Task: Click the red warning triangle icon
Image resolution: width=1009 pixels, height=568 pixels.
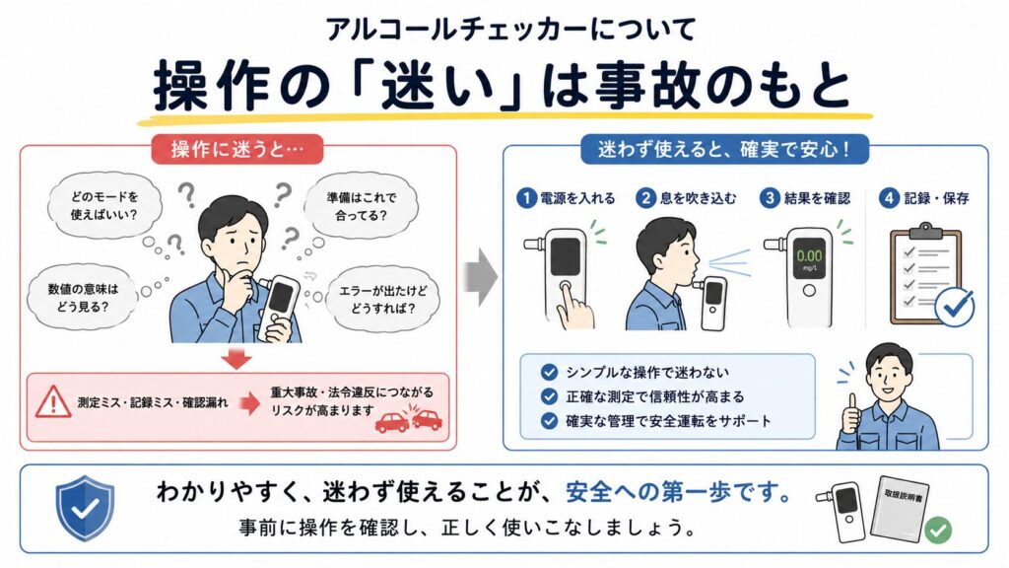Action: (x=53, y=402)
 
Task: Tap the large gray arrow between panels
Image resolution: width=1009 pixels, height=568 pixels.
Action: (x=480, y=277)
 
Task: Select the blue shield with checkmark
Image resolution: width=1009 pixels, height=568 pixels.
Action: (x=85, y=508)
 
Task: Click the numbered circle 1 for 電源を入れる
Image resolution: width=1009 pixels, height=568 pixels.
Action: (x=527, y=198)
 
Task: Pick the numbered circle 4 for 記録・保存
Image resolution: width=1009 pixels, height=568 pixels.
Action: (x=890, y=198)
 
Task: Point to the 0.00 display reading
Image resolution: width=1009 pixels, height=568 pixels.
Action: (x=809, y=255)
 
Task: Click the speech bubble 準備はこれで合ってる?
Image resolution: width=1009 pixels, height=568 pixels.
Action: (x=361, y=206)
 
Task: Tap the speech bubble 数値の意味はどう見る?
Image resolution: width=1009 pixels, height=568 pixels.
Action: (x=83, y=298)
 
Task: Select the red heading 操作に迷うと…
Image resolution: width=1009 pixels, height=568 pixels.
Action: (x=237, y=150)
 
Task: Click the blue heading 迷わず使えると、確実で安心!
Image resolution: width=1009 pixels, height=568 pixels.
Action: (x=724, y=150)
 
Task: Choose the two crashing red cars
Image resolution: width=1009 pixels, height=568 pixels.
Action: (x=409, y=420)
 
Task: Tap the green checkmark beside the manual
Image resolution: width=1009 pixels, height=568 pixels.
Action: (x=938, y=530)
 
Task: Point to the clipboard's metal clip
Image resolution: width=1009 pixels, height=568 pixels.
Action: (x=926, y=230)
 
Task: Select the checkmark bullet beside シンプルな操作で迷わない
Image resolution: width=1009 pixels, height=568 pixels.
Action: (x=549, y=372)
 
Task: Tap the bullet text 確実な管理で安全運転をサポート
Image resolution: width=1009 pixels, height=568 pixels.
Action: (x=668, y=421)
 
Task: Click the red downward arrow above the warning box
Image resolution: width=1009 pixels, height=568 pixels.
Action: (x=236, y=359)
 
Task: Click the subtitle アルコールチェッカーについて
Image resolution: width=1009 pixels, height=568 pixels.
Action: (x=510, y=29)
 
